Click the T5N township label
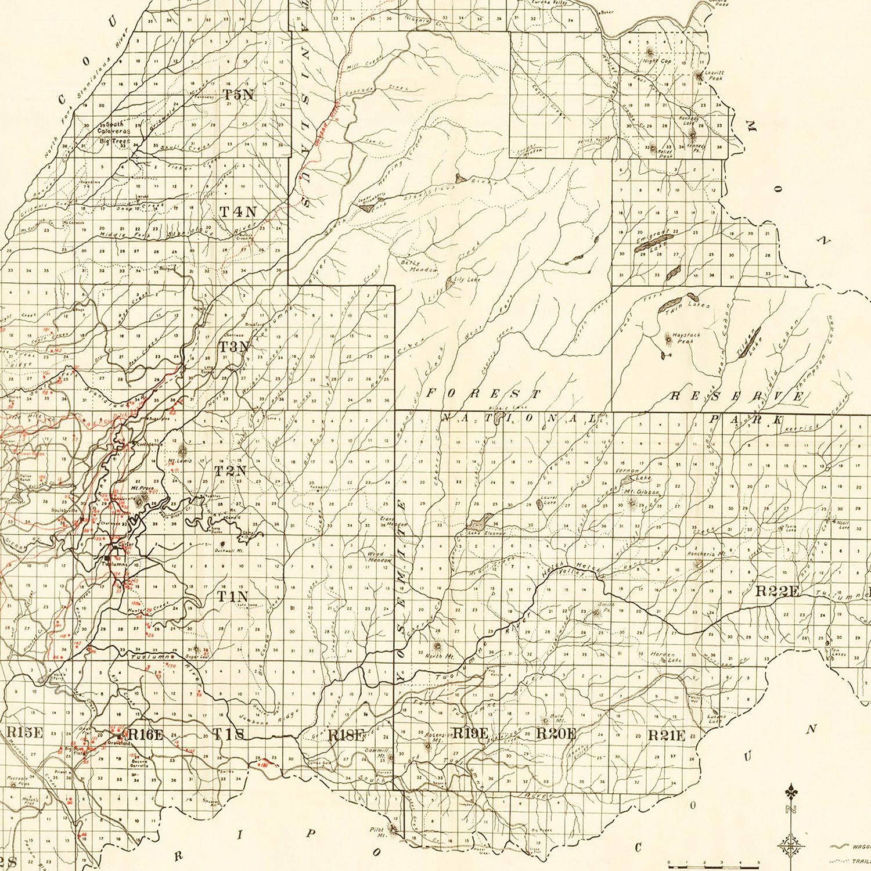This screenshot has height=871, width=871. pyautogui.click(x=239, y=95)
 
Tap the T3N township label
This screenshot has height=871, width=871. pyautogui.click(x=234, y=347)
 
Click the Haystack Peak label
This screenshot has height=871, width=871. pyautogui.click(x=683, y=339)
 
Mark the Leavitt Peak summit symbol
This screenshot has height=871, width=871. pyautogui.click(x=698, y=74)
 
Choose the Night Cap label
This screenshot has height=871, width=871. pyautogui.click(x=657, y=61)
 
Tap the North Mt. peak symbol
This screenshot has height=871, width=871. pyautogui.click(x=437, y=646)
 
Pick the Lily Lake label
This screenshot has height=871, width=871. pyautogui.click(x=467, y=279)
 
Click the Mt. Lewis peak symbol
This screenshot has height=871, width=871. pyautogui.click(x=184, y=451)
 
